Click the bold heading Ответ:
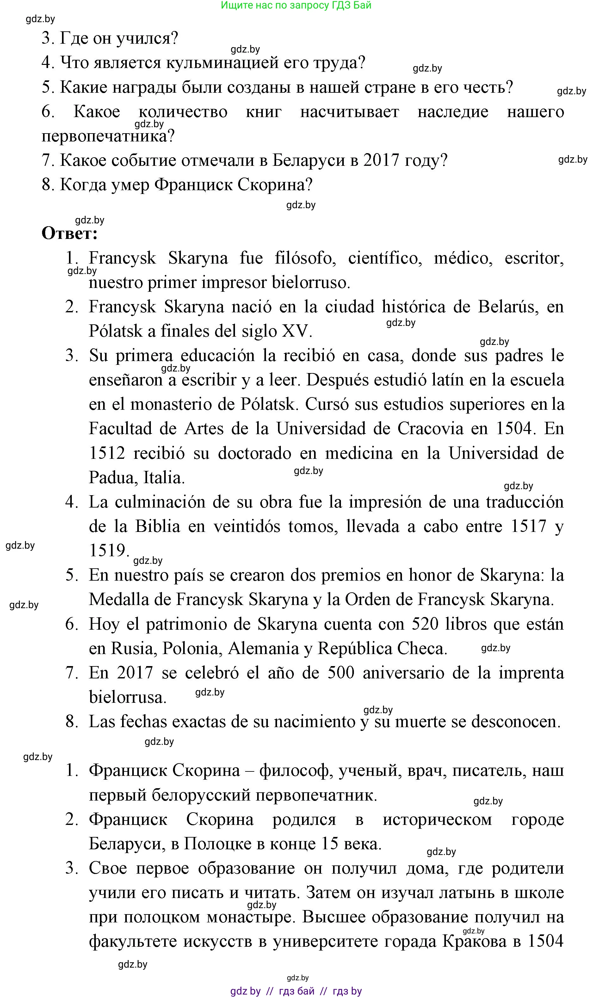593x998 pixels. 70,234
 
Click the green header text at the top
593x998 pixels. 296,5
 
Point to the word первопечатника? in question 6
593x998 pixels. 108,137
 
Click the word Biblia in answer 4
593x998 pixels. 158,527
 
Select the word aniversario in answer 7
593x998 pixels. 403,673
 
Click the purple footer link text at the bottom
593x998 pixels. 296,991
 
